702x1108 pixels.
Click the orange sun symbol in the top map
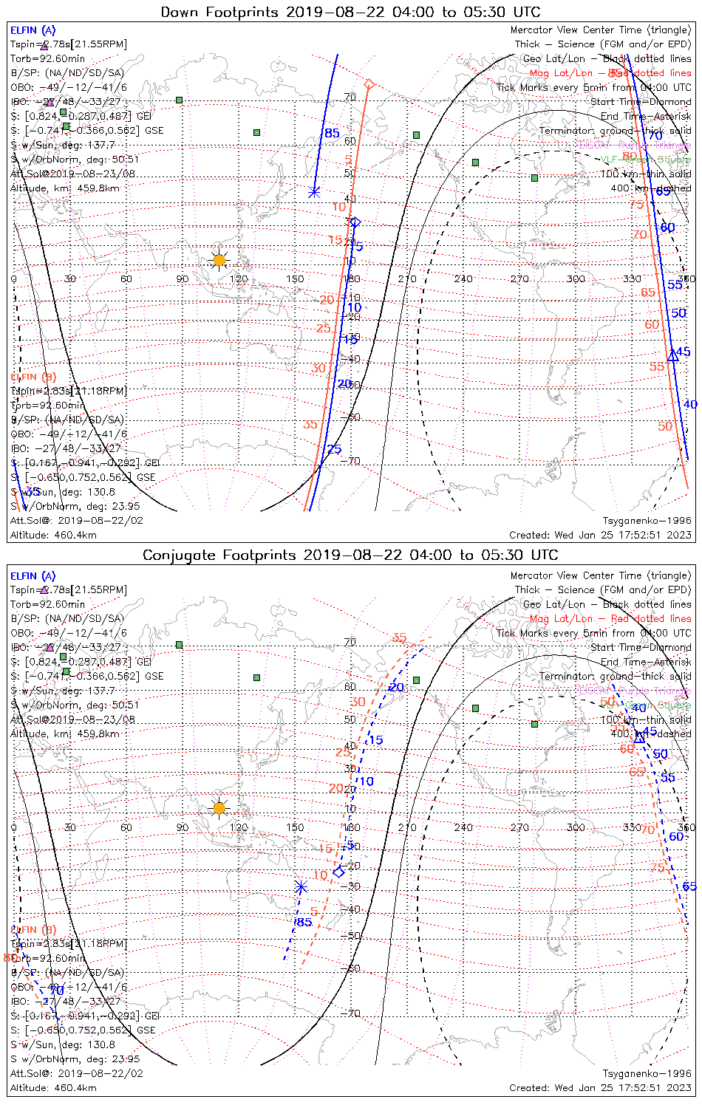[x=219, y=260]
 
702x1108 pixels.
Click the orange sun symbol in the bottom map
[x=219, y=807]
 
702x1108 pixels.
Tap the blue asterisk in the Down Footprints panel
[x=314, y=191]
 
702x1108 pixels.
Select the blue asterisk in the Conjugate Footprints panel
[x=300, y=886]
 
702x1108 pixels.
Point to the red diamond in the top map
[x=369, y=84]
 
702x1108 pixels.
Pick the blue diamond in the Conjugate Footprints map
[x=338, y=872]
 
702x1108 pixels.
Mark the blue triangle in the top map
[x=672, y=356]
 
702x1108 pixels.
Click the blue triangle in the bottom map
[x=640, y=736]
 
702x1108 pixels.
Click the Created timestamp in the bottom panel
[x=600, y=1087]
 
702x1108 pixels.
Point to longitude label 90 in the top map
[x=183, y=279]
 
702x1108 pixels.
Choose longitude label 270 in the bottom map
[x=519, y=827]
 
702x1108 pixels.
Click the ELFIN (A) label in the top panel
[x=33, y=30]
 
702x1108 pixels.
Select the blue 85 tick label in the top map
[x=332, y=134]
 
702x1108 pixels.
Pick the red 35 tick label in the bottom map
[x=399, y=638]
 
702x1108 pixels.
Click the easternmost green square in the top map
[x=534, y=177]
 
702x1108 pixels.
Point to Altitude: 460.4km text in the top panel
[x=53, y=535]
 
